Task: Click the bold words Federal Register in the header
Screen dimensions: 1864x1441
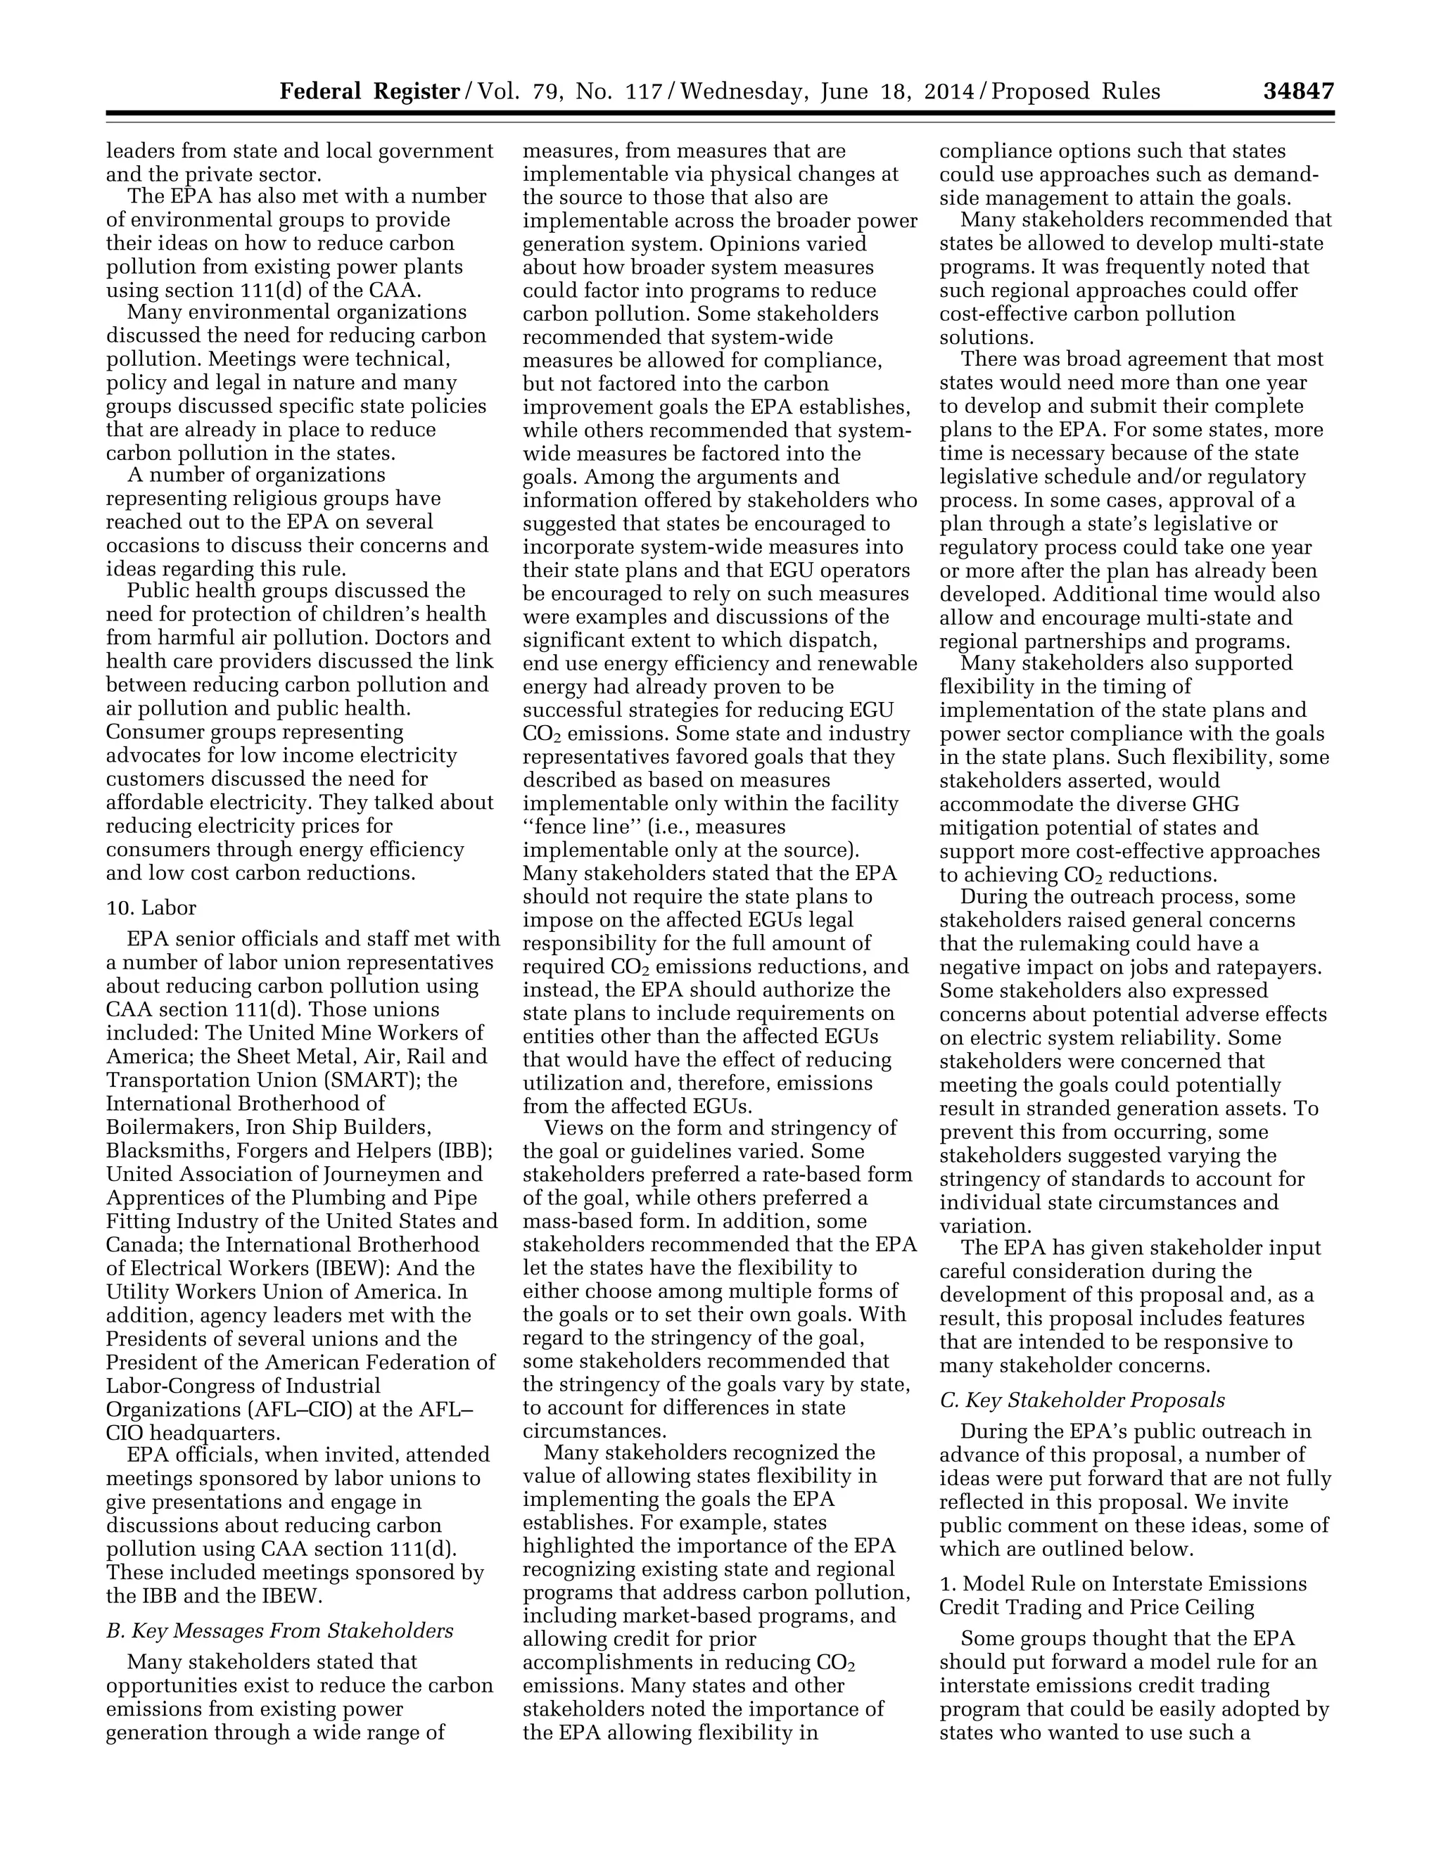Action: tap(369, 91)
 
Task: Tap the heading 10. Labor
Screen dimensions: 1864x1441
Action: tap(151, 907)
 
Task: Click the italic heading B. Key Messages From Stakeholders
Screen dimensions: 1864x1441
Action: tap(279, 1631)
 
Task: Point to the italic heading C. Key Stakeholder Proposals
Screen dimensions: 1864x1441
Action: tap(1081, 1400)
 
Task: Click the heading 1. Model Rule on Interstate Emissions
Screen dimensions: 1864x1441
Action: tap(1122, 1584)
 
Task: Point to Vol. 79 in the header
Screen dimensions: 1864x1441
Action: tap(515, 91)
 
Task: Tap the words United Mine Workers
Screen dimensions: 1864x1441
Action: tap(380, 1033)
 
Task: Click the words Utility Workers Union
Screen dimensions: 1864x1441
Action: tap(229, 1292)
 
